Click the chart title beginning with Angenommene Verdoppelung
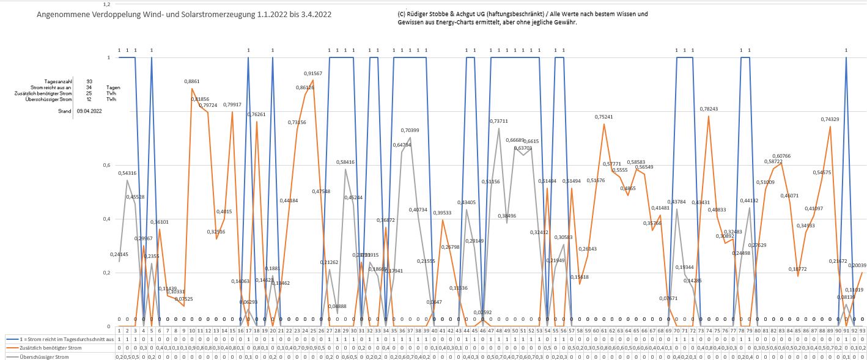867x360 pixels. coord(184,14)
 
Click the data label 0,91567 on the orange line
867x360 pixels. coord(313,73)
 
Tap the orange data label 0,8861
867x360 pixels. coord(192,81)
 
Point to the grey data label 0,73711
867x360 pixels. coord(499,121)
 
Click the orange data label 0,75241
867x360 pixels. coord(604,117)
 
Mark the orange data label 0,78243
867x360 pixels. coord(709,109)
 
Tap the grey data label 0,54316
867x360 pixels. coord(127,173)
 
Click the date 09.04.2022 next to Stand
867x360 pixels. coord(89,111)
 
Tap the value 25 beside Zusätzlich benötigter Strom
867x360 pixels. coord(89,93)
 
